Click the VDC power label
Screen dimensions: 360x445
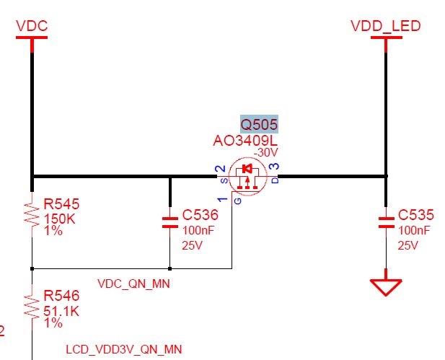[32, 26]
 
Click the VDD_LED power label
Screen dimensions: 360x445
[385, 26]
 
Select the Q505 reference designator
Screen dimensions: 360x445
[259, 124]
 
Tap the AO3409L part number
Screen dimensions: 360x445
[245, 141]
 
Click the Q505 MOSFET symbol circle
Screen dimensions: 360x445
[247, 177]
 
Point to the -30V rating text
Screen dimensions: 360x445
[266, 153]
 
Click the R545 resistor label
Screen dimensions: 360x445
[61, 203]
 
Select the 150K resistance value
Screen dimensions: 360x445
[60, 218]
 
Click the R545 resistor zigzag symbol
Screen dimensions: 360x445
[32, 214]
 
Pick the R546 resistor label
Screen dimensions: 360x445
[61, 296]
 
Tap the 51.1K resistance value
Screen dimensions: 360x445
[63, 310]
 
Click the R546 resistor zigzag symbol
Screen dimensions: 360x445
[32, 307]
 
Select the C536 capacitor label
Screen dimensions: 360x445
[200, 215]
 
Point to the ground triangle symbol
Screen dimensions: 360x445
[386, 286]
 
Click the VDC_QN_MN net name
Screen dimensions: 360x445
[133, 284]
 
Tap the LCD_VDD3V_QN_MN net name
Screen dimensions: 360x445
[123, 349]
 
